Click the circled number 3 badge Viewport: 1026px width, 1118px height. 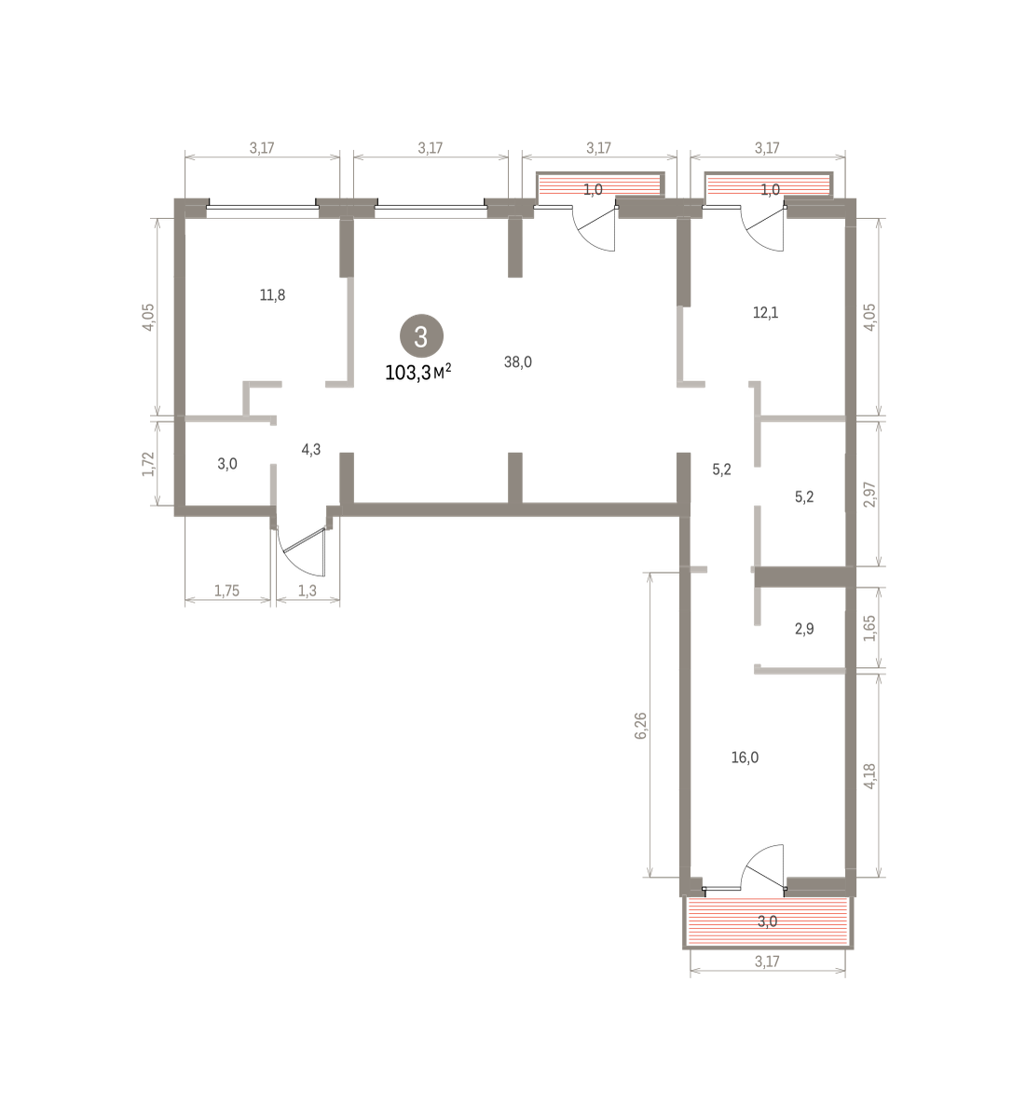coord(421,336)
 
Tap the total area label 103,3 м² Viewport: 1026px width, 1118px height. coord(418,373)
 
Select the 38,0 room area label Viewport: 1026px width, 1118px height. coord(518,362)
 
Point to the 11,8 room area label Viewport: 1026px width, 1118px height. coord(272,294)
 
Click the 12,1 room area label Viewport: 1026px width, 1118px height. coord(766,313)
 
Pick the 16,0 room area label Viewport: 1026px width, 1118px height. coord(745,757)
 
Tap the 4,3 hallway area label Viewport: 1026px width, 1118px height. coord(311,450)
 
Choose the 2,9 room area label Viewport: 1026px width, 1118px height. coord(804,629)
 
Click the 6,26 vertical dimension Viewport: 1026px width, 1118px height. coord(641,726)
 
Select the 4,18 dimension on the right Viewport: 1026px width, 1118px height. coord(869,776)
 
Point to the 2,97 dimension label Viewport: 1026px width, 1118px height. coord(869,495)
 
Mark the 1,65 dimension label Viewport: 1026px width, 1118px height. coord(869,628)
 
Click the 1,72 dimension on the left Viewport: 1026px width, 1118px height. coord(148,464)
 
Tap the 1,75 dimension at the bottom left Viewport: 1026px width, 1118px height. coord(227,591)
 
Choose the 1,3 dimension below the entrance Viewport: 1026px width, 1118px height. coord(308,591)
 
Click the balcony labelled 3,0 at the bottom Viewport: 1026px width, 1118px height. coord(768,921)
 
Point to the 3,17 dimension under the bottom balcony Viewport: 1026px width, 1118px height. coord(767,961)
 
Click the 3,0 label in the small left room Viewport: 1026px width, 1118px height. coord(227,464)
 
